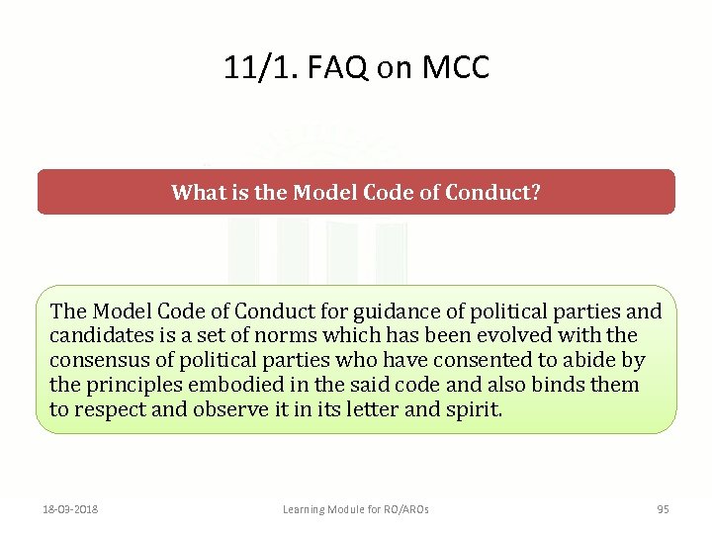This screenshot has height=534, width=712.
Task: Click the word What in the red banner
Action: (200, 192)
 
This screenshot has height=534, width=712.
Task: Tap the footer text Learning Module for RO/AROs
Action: (356, 509)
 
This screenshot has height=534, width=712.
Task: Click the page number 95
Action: (663, 509)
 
